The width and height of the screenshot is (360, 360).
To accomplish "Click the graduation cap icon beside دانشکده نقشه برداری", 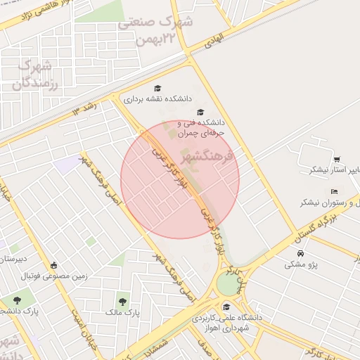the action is pos(158,89).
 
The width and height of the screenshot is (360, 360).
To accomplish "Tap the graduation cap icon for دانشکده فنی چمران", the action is pos(200,112).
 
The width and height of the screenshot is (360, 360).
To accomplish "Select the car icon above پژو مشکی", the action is pos(301,253).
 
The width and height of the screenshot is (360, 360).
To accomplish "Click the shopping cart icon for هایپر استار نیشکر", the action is pos(337,159).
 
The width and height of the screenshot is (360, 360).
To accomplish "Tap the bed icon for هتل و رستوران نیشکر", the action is pos(334,191).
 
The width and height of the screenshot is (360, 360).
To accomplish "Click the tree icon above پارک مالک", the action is pos(124,300).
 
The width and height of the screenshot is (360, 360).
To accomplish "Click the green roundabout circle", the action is pos(229,284).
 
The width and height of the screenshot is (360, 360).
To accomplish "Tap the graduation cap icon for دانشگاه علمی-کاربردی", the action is pos(226,307).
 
